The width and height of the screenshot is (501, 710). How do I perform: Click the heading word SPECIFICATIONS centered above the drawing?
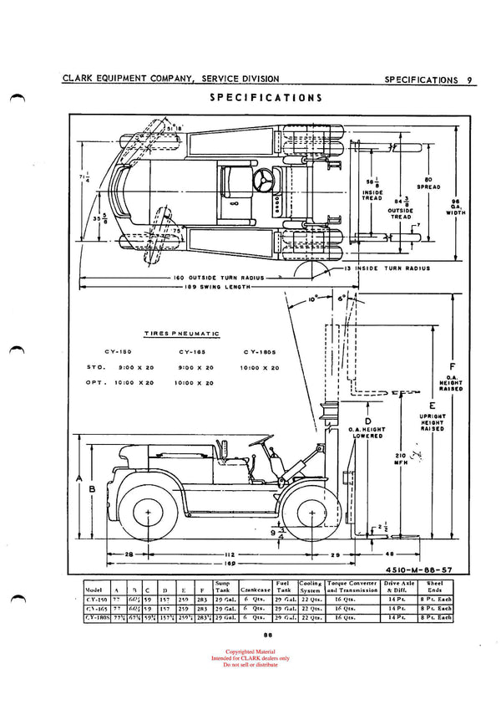pyautogui.click(x=266, y=97)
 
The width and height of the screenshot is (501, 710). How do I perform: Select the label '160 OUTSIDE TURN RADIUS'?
pyautogui.click(x=220, y=277)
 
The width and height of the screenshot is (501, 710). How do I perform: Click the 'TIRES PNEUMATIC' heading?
pyautogui.click(x=181, y=334)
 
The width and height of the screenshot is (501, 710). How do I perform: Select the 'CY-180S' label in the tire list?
pyautogui.click(x=261, y=353)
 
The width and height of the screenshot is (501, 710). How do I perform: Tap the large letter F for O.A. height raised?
pyautogui.click(x=450, y=365)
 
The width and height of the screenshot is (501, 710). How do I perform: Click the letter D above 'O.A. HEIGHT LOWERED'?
pyautogui.click(x=368, y=421)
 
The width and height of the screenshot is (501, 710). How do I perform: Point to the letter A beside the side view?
pyautogui.click(x=79, y=478)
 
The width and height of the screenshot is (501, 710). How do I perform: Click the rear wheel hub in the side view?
pyautogui.click(x=148, y=511)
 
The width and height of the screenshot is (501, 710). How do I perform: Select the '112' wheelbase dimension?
pyautogui.click(x=227, y=554)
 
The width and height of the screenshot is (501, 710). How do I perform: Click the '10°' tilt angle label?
pyautogui.click(x=311, y=299)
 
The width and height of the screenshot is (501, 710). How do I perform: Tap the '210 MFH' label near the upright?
pyautogui.click(x=400, y=460)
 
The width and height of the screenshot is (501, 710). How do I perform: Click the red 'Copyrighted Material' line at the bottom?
pyautogui.click(x=250, y=651)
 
